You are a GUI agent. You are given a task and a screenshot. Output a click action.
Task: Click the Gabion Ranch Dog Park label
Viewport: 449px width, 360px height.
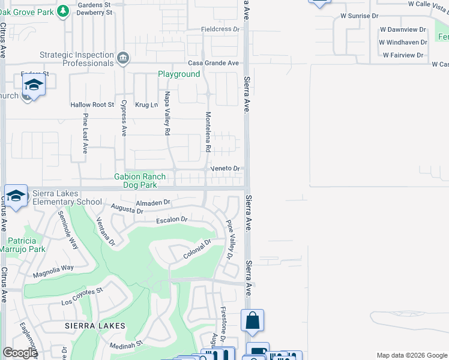[140, 181]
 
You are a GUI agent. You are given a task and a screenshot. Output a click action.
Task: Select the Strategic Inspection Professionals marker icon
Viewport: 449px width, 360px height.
[123, 58]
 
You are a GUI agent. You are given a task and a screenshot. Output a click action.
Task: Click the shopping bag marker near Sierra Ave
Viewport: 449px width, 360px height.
[252, 321]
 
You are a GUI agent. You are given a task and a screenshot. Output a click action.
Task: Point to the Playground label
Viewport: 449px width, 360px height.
[179, 74]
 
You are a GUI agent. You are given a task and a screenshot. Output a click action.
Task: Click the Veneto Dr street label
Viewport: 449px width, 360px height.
[225, 169]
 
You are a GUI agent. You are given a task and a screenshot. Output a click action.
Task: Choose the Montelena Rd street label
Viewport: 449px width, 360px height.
[208, 131]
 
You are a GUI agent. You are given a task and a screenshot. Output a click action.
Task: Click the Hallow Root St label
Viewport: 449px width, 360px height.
[92, 104]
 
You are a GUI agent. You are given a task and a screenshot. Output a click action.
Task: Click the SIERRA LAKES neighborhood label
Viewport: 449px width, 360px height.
[97, 326]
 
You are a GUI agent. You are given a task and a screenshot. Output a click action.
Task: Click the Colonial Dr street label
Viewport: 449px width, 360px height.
[198, 251]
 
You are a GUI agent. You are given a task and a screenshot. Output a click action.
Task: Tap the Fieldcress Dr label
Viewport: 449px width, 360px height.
[220, 29]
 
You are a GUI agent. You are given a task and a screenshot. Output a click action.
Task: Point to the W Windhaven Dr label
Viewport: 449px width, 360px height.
[403, 42]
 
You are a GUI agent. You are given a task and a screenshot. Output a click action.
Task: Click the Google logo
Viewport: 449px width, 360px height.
[20, 353]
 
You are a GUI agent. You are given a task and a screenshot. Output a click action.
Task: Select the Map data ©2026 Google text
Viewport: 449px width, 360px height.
[411, 355]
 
